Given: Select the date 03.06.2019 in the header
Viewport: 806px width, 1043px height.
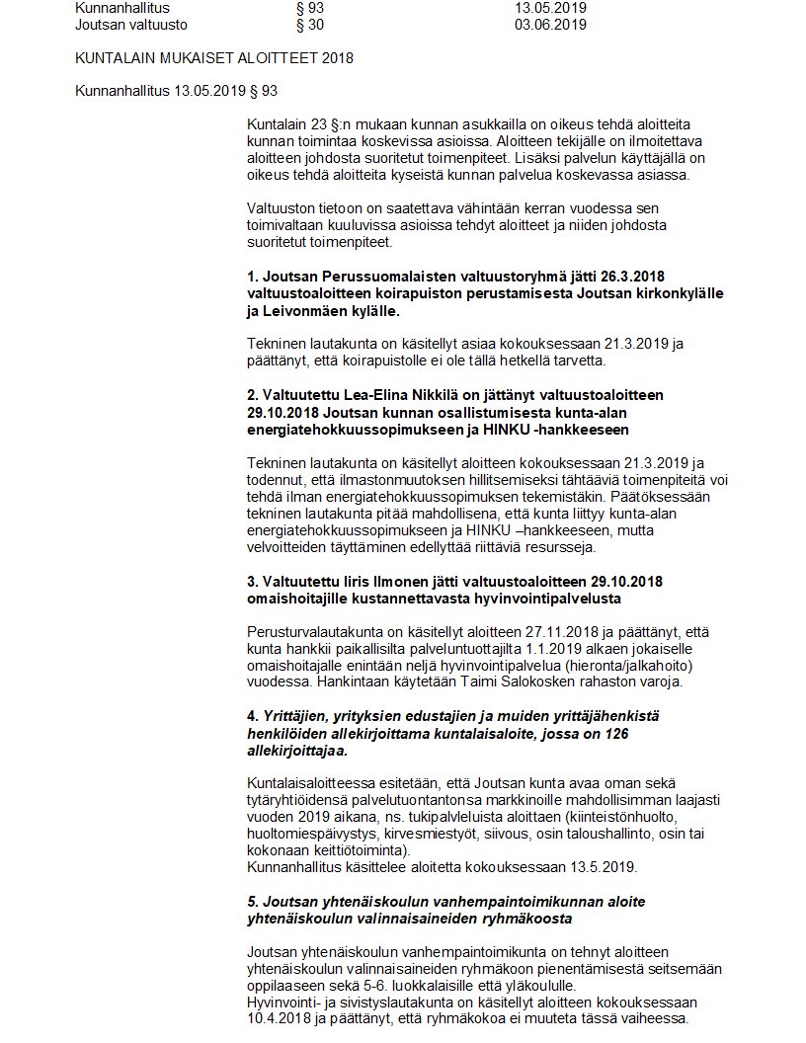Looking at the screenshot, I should click(x=550, y=25).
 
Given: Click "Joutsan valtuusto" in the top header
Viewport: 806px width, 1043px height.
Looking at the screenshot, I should click(x=130, y=25).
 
